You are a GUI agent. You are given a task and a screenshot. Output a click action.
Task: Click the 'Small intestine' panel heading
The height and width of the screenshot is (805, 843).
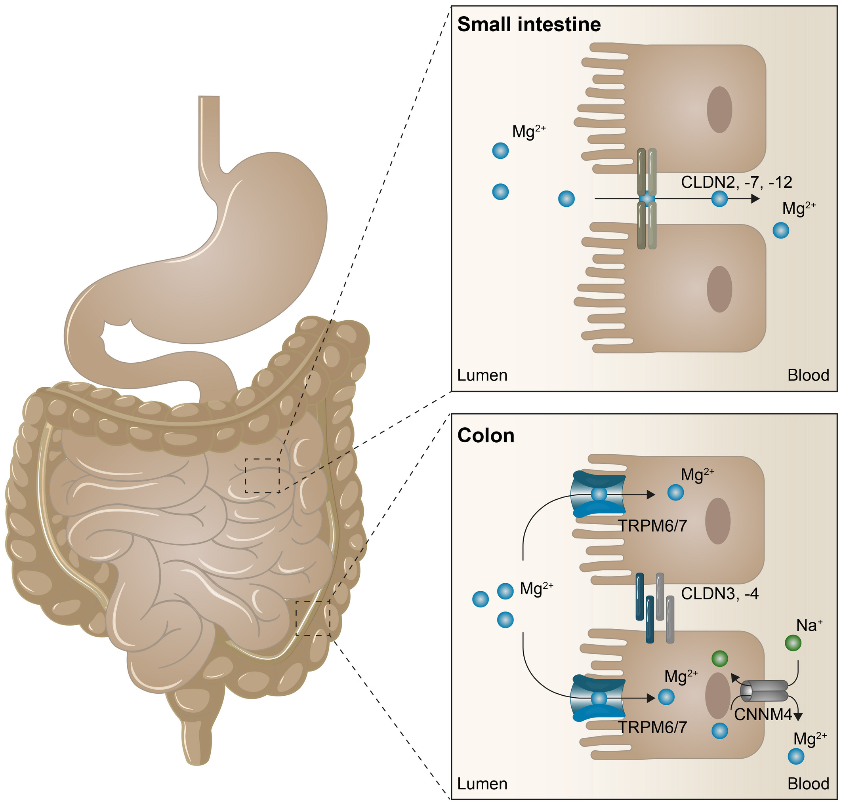529,25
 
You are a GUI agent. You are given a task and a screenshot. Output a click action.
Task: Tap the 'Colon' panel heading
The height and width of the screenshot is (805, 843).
486,436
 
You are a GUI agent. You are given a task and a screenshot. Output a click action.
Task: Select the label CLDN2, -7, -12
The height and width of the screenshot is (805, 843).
736,183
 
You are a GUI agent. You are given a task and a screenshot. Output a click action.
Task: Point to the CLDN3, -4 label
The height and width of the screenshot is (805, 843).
720,594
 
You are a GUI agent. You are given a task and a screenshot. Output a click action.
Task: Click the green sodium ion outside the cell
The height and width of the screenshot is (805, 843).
793,643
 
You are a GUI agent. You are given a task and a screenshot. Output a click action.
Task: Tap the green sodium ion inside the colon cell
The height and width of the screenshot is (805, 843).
720,658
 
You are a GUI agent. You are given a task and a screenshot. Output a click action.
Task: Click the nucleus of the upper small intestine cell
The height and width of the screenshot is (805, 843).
719,109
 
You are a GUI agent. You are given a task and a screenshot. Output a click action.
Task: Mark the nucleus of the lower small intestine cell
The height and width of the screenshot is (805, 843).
719,289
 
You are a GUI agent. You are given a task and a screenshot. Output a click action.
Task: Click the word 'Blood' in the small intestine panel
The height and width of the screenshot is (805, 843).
808,375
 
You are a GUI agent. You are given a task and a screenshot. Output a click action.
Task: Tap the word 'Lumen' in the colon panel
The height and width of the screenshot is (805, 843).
482,784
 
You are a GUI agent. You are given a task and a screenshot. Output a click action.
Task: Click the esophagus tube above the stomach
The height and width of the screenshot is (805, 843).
209,129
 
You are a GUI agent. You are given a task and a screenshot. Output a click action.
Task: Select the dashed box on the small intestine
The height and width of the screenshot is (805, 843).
262,476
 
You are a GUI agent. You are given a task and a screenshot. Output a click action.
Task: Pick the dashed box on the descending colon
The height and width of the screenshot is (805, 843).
313,618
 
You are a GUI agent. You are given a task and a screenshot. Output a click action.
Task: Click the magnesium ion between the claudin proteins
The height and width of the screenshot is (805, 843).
647,199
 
